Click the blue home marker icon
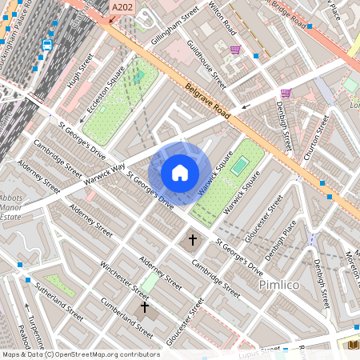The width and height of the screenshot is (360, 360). pos(180,173)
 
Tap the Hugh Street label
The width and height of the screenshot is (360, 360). pos(82,70)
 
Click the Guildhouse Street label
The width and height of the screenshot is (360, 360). pos(206,64)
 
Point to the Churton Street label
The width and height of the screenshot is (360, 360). pos(315,138)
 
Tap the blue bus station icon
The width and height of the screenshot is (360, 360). pos(46,46)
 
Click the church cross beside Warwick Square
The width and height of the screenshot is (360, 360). pos(192,239)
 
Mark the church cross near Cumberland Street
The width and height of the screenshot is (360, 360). pos(145,306)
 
